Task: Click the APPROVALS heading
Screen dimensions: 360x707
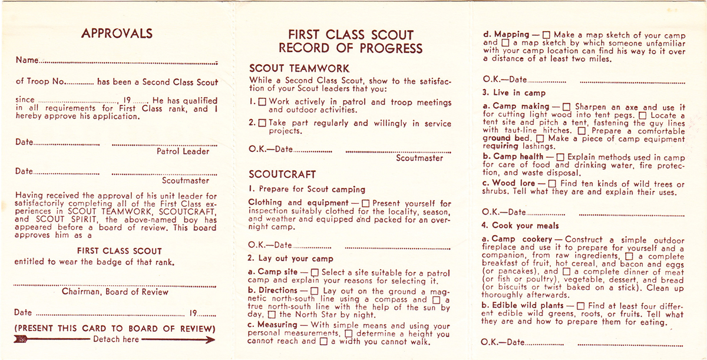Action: pyautogui.click(x=117, y=34)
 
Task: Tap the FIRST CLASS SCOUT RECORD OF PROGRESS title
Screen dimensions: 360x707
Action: pyautogui.click(x=351, y=41)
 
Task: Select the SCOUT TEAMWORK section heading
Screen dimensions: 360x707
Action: pyautogui.click(x=299, y=68)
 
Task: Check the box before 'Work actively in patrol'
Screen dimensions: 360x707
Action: pyautogui.click(x=263, y=103)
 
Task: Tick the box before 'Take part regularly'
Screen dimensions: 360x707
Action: pyautogui.click(x=263, y=124)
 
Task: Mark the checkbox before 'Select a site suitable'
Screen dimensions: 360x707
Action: pyautogui.click(x=315, y=273)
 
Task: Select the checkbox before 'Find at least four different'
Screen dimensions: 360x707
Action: pyautogui.click(x=580, y=306)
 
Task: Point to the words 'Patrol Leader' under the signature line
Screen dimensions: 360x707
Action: pyautogui.click(x=183, y=151)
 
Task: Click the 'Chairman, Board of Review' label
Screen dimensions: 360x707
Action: pyautogui.click(x=115, y=292)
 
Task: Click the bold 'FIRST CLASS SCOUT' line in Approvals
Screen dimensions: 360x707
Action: pyautogui.click(x=119, y=251)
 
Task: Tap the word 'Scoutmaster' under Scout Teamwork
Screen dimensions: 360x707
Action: pyautogui.click(x=419, y=158)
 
